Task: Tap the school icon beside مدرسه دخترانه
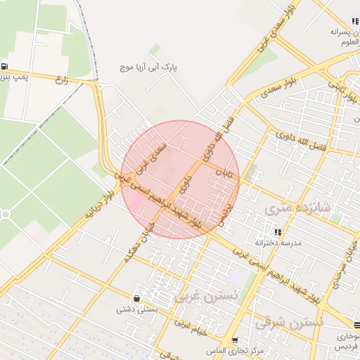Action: [278, 231]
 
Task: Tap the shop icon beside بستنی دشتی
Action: [136, 298]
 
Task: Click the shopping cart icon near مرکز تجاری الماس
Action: [236, 340]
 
